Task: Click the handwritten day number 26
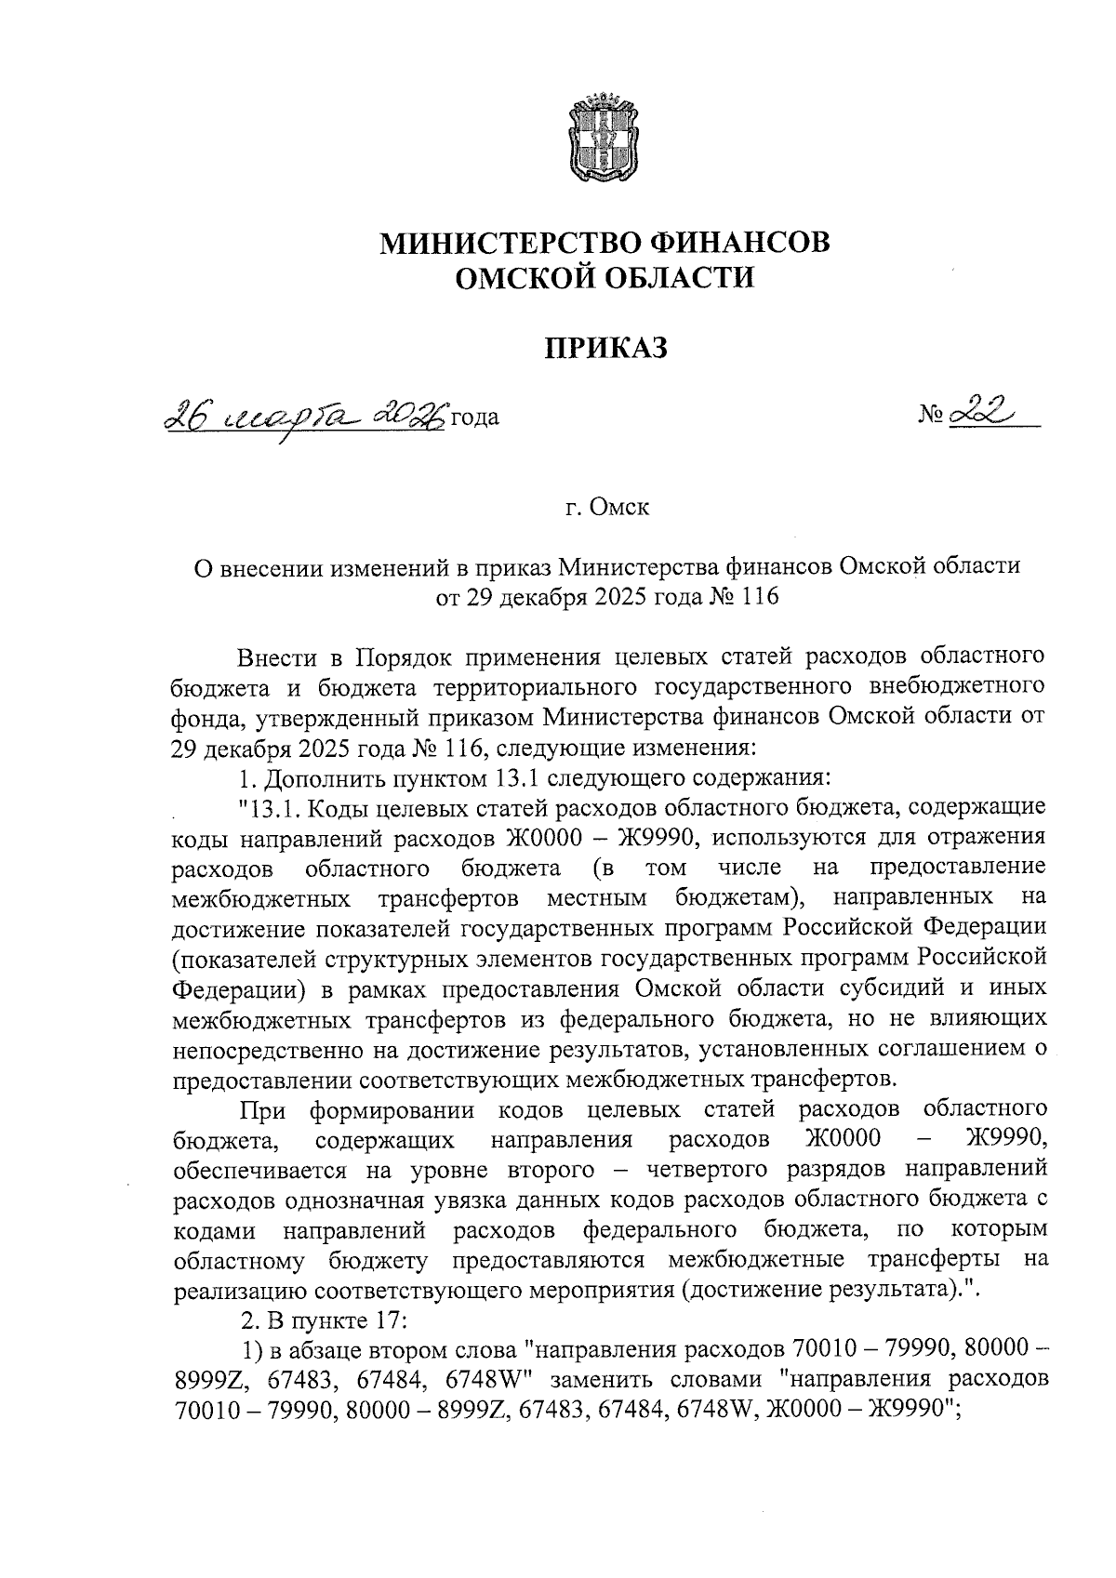pyautogui.click(x=185, y=415)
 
